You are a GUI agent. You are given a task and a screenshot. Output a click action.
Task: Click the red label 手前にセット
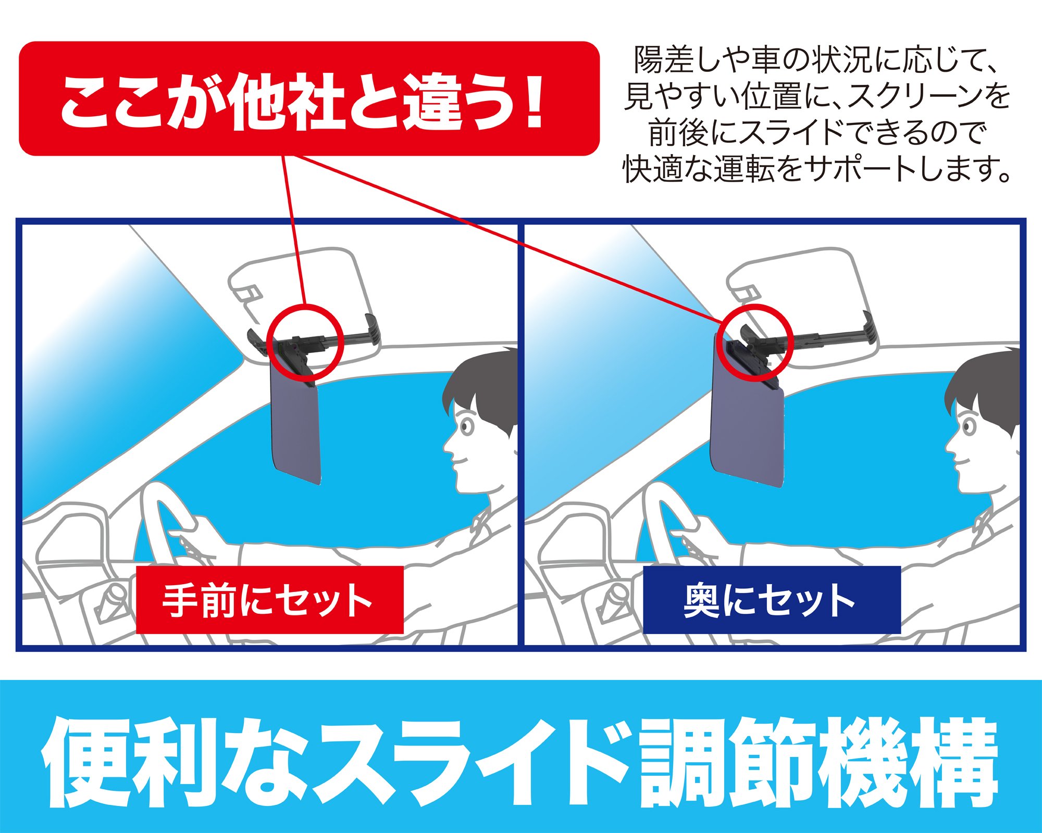coord(269,600)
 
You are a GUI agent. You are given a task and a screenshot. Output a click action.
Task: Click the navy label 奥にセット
coord(772,600)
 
